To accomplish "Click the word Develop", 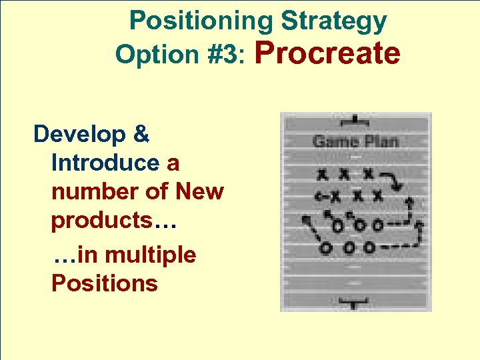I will (79, 134).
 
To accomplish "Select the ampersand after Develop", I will (141, 134).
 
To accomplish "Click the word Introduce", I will (105, 163).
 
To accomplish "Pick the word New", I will (199, 191).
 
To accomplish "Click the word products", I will (102, 221).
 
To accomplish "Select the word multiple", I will (151, 255).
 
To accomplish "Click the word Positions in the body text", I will (104, 283).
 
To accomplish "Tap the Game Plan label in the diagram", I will (355, 141).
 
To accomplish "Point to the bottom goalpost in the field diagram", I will (355, 303).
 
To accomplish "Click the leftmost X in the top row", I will (323, 175).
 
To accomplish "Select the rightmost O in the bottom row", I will (369, 248).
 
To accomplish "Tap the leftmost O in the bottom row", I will (326, 248).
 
